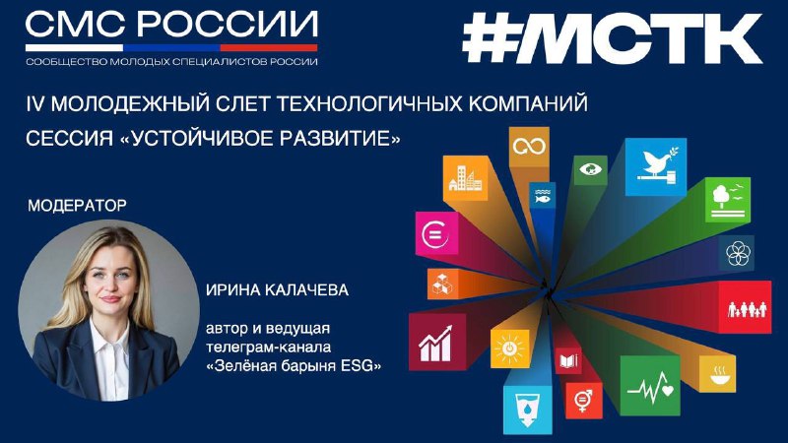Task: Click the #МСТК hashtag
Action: (612, 38)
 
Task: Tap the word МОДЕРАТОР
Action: (78, 206)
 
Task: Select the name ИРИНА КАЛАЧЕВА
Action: (277, 289)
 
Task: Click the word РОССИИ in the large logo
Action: (228, 24)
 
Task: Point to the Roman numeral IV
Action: (35, 104)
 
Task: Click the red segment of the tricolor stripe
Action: (269, 47)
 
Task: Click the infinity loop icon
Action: (529, 146)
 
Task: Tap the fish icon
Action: (543, 196)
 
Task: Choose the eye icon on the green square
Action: (590, 168)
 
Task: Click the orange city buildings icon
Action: (465, 178)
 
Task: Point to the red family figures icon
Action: (748, 309)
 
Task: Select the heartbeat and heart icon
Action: (650, 387)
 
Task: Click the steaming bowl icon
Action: (717, 374)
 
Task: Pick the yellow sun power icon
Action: (509, 348)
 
